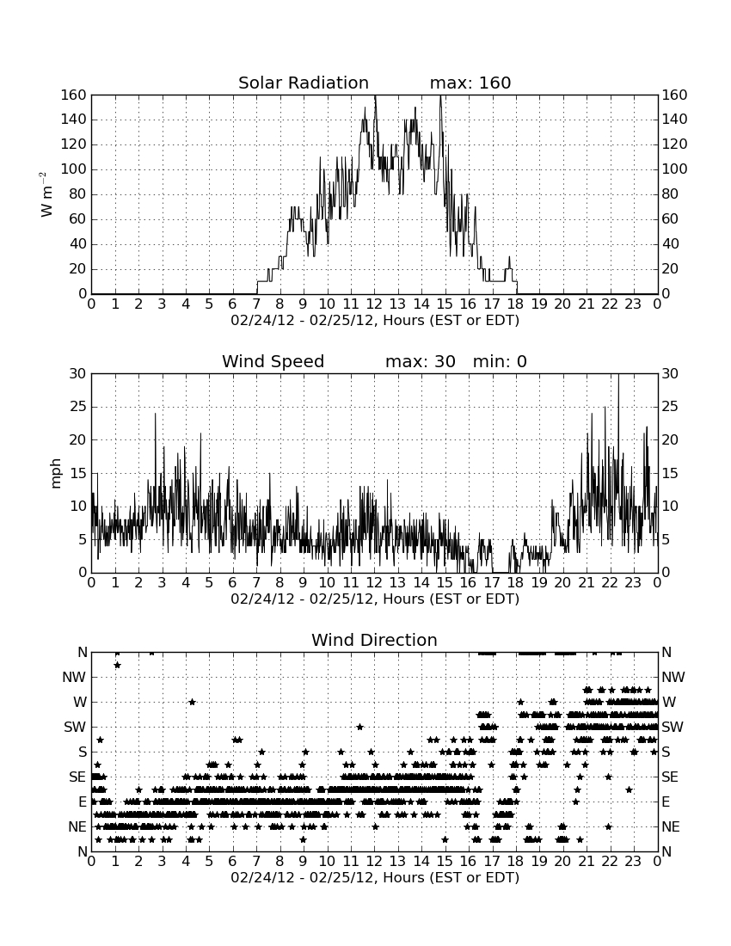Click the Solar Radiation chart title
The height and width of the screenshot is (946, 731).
(x=304, y=83)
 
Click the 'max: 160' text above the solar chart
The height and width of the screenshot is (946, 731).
(x=470, y=83)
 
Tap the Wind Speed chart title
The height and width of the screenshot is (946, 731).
(x=273, y=361)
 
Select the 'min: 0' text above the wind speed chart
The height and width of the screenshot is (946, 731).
(x=500, y=361)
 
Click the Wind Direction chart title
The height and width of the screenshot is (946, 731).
(x=375, y=640)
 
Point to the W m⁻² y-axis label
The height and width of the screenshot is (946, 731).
(x=46, y=194)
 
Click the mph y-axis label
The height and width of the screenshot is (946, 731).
(x=56, y=474)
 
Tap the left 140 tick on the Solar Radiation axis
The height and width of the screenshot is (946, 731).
(x=74, y=120)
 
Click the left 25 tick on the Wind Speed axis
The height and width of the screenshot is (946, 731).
(x=78, y=407)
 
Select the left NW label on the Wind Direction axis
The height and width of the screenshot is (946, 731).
(x=74, y=678)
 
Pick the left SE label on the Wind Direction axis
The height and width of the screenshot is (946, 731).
(x=77, y=777)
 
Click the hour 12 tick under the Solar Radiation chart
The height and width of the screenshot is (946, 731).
(x=374, y=304)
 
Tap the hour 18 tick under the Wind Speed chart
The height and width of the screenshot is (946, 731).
(x=515, y=583)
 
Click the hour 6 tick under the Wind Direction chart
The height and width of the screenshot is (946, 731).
(x=232, y=862)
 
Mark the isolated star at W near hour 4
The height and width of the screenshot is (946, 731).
(x=192, y=702)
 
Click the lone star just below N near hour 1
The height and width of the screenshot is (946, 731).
(x=118, y=665)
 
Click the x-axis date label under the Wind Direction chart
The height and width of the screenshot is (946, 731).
(x=375, y=877)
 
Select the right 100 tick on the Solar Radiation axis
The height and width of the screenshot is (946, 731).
(x=675, y=169)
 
